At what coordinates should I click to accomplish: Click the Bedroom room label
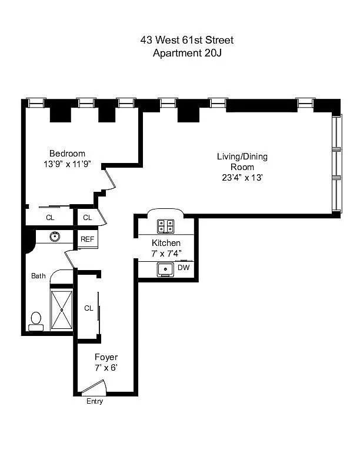point(67,154)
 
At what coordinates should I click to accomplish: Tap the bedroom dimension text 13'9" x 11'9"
point(67,164)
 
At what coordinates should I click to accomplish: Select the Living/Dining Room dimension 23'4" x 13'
point(242,178)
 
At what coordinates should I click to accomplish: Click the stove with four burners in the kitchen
point(166,226)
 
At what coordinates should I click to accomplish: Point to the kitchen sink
point(166,269)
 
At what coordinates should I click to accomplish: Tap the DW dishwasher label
point(184,268)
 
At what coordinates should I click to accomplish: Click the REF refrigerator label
point(87,239)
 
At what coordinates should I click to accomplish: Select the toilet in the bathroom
point(36,322)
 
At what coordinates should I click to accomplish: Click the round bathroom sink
point(55,237)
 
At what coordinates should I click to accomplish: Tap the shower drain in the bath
point(62,310)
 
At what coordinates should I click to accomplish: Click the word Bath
point(38,276)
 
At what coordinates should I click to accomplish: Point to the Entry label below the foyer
point(95,401)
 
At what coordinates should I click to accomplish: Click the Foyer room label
point(106,357)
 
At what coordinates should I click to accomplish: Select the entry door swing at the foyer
point(94,387)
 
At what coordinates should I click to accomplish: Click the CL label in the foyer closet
point(88,308)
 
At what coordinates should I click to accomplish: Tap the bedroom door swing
point(109,178)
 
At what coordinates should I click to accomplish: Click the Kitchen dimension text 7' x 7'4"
point(166,254)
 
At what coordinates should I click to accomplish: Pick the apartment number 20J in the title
point(213,53)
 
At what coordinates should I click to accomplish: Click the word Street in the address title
point(219,40)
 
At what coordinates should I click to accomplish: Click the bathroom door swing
point(69,258)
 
